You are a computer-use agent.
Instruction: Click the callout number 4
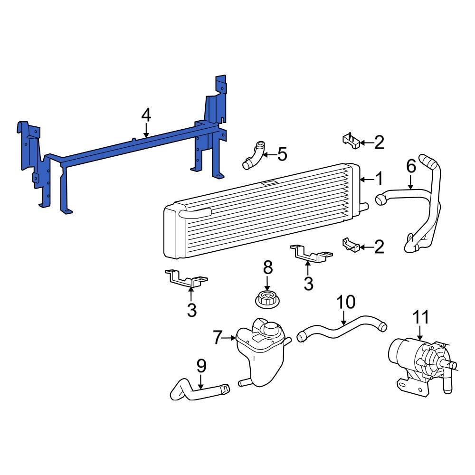click(146, 115)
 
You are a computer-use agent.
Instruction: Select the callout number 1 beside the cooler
click(379, 179)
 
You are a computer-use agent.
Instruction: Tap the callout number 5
click(282, 154)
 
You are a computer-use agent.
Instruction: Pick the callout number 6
click(411, 166)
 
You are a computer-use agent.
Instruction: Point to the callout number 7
click(218, 338)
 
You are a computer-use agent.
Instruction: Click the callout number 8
click(268, 267)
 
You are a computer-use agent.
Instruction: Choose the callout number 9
click(201, 365)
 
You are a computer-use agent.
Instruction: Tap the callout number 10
click(346, 302)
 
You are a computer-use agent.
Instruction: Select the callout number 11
click(421, 317)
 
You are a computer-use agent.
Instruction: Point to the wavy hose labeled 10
click(342, 330)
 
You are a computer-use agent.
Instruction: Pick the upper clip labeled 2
click(350, 141)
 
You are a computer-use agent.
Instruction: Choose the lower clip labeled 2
click(350, 246)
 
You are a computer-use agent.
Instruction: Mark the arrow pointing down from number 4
click(146, 130)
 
